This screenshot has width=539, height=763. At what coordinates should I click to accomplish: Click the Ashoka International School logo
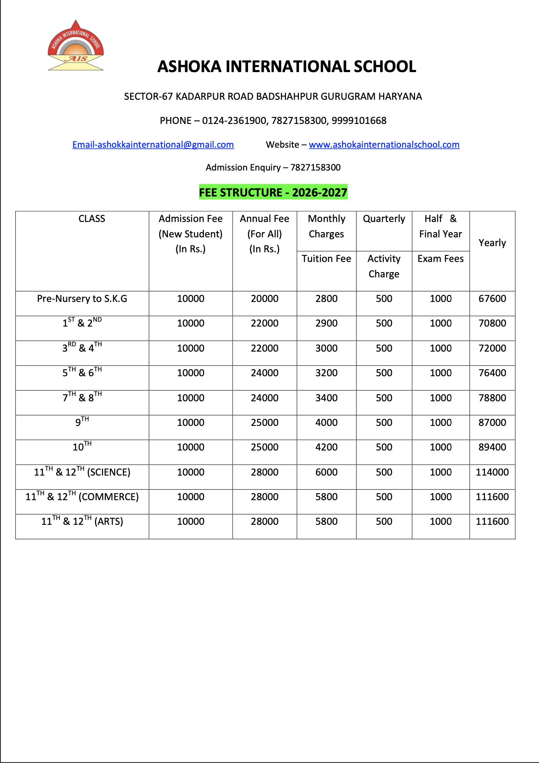pyautogui.click(x=76, y=46)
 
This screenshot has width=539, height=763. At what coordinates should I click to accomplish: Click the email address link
pyautogui.click(x=153, y=145)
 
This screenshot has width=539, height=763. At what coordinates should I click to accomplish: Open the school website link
pyautogui.click(x=384, y=145)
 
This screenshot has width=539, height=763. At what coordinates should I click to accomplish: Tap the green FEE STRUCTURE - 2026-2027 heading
pyautogui.click(x=273, y=193)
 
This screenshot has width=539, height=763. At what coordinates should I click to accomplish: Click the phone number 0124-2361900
pyautogui.click(x=234, y=121)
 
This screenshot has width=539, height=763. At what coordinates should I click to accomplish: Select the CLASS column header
pyautogui.click(x=91, y=219)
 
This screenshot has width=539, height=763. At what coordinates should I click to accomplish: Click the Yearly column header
pyautogui.click(x=492, y=243)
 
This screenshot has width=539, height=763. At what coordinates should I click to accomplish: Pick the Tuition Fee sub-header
pyautogui.click(x=326, y=259)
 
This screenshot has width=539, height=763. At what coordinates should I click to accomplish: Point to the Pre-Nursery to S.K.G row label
pyautogui.click(x=82, y=299)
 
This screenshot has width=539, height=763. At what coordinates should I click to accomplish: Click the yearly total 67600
pyautogui.click(x=492, y=299)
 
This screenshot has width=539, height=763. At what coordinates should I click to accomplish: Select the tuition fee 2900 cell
pyautogui.click(x=326, y=323)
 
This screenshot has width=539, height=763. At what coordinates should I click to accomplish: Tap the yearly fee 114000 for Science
pyautogui.click(x=492, y=472)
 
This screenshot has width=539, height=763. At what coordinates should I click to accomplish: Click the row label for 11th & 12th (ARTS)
pyautogui.click(x=82, y=522)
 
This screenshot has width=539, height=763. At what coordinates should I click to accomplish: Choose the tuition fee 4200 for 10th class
pyautogui.click(x=326, y=447)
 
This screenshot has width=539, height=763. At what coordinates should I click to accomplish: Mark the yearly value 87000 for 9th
pyautogui.click(x=492, y=423)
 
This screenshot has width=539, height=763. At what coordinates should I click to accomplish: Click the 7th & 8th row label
pyautogui.click(x=82, y=397)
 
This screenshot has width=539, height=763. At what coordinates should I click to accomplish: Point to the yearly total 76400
pyautogui.click(x=492, y=373)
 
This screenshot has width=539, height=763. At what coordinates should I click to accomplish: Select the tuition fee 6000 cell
pyautogui.click(x=326, y=472)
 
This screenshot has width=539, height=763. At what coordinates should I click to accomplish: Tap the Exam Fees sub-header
pyautogui.click(x=441, y=259)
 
